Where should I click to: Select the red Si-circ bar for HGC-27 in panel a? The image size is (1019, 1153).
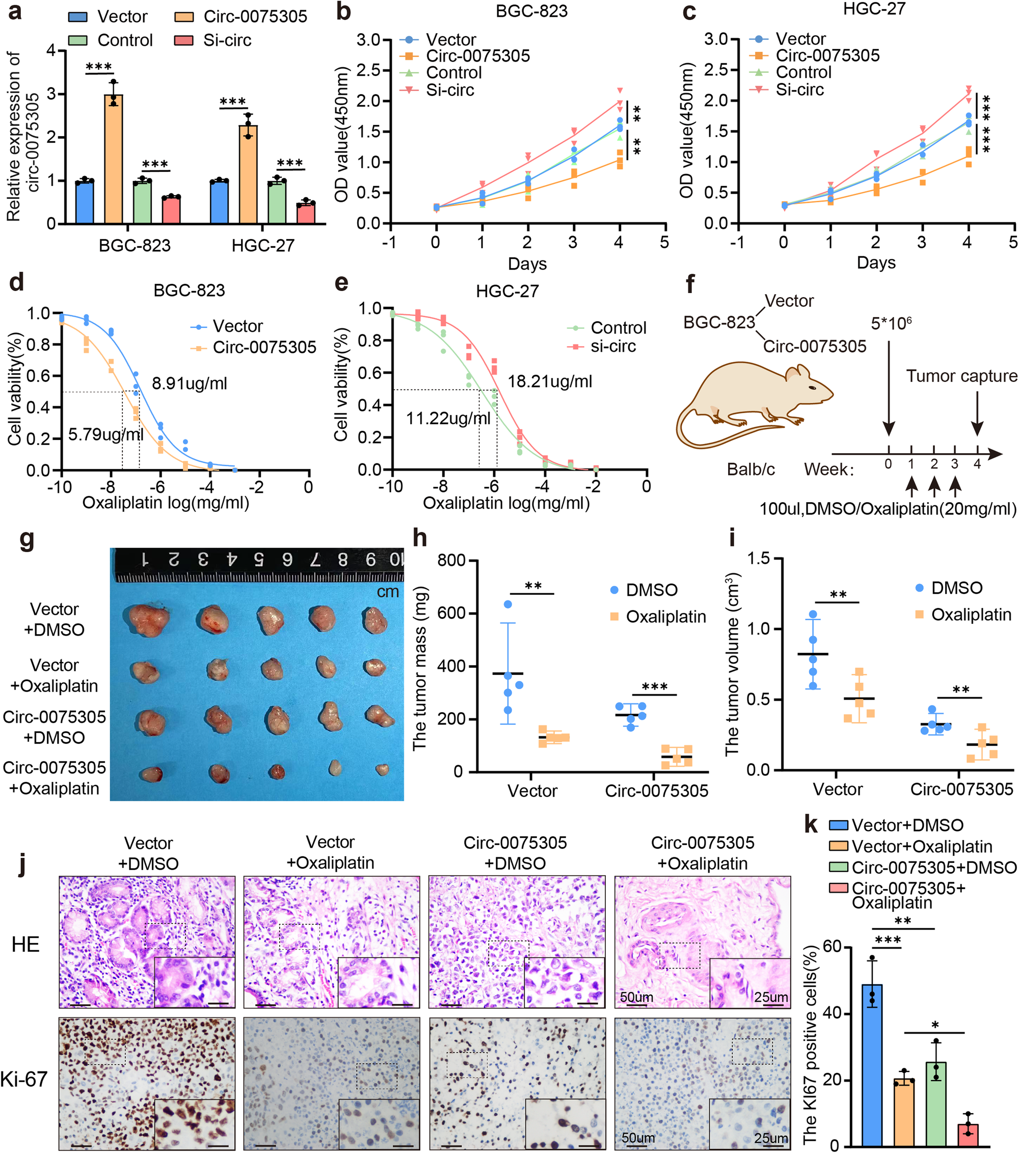306,214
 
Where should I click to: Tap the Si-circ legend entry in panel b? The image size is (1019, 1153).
449,90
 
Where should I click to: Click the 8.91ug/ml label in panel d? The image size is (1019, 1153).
190,384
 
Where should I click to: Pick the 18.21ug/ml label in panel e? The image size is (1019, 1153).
550,382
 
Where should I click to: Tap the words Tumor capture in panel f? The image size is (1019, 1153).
961,376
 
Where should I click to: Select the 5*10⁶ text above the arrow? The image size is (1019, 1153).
891,324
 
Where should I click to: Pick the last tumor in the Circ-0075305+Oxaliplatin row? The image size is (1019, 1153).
382,769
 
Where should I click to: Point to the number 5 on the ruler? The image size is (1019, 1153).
259,559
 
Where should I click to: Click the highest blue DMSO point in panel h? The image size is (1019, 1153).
507,604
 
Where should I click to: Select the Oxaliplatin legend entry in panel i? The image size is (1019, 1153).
970,614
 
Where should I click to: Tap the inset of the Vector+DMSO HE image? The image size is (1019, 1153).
195,982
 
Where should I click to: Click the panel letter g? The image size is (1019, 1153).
26,540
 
